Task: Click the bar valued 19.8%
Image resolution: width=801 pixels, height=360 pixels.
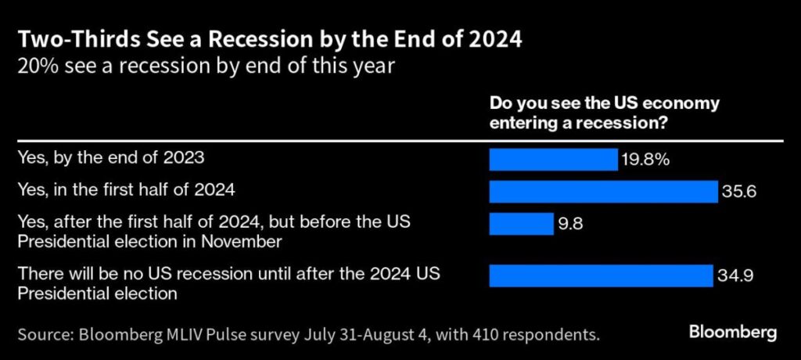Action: click(x=553, y=159)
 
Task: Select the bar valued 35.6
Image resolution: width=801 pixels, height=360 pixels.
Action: click(x=603, y=191)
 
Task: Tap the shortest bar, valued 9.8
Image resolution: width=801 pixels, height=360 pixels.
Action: click(x=521, y=224)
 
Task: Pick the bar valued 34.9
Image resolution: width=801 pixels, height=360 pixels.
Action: click(x=601, y=275)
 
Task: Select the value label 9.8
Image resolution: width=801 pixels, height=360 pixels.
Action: click(x=572, y=224)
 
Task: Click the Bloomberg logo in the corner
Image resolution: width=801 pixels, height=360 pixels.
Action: click(x=732, y=333)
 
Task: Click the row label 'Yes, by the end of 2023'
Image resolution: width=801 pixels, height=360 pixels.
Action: click(x=110, y=158)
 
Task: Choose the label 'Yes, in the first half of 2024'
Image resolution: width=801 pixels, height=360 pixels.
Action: click(x=126, y=191)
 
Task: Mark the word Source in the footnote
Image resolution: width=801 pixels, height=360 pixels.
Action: click(x=45, y=336)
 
